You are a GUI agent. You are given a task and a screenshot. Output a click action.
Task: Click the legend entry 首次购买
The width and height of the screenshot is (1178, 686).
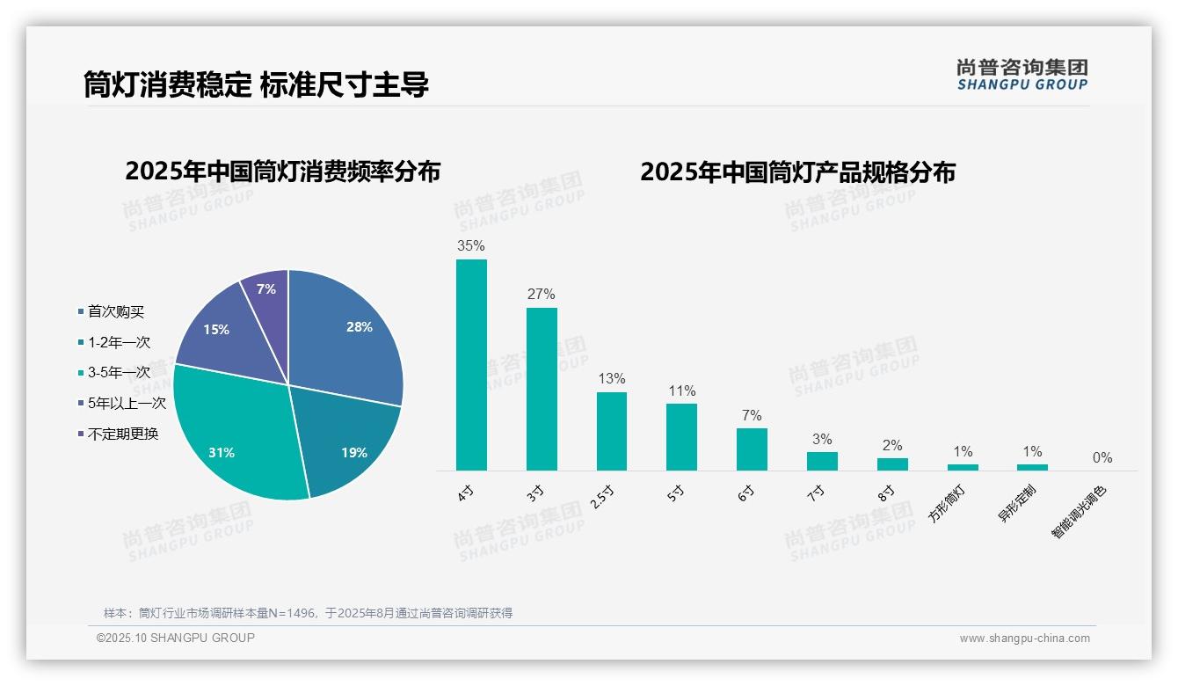pyautogui.click(x=115, y=312)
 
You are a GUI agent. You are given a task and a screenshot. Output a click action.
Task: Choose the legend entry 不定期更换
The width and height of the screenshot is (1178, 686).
pyautogui.click(x=122, y=434)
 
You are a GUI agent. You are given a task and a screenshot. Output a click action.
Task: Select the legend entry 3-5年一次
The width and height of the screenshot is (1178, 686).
pyautogui.click(x=119, y=373)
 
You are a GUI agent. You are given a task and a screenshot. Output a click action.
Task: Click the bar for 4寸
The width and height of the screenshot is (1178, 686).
pyautogui.click(x=471, y=365)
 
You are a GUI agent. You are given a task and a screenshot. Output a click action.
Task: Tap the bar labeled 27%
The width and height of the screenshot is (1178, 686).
pyautogui.click(x=542, y=389)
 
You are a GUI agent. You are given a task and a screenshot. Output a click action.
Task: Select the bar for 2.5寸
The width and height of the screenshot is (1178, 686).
pyautogui.click(x=612, y=431)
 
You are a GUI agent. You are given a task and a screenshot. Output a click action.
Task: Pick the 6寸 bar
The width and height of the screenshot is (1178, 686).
pyautogui.click(x=752, y=449)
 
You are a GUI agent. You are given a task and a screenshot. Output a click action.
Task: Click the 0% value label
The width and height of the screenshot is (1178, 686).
pyautogui.click(x=1102, y=458)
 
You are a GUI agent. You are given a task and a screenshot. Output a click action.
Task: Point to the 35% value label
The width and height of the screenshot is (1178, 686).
pyautogui.click(x=471, y=246)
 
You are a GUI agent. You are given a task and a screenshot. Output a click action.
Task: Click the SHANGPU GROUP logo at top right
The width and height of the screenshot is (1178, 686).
pyautogui.click(x=1022, y=74)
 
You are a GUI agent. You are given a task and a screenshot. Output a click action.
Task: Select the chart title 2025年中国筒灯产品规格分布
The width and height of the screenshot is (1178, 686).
pyautogui.click(x=797, y=172)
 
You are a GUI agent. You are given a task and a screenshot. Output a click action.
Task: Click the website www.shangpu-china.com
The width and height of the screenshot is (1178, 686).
pyautogui.click(x=1024, y=639)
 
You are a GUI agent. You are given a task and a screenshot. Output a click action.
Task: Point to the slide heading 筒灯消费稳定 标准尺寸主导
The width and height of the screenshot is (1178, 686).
pyautogui.click(x=256, y=85)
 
